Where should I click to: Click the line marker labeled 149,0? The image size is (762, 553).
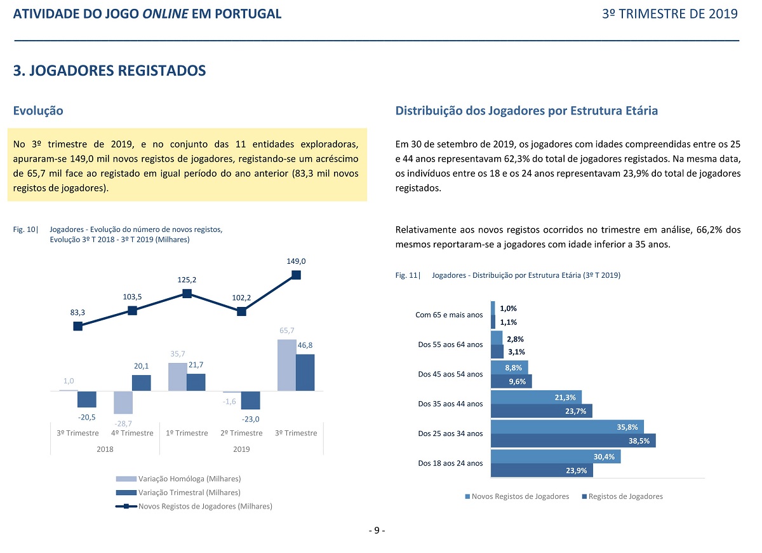coord(297,275)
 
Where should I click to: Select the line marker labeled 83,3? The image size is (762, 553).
coord(78,326)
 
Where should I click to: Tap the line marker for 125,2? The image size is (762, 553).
coord(187,294)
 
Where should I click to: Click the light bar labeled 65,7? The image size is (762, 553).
coord(287,365)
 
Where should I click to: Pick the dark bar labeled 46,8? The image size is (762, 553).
coord(305,372)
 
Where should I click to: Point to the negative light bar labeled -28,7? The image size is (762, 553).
coord(123,402)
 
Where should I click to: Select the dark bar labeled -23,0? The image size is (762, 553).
coord(251,400)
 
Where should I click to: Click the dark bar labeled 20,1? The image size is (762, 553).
coord(142,383)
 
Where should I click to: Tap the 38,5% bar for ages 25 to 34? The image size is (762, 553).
coord(573,440)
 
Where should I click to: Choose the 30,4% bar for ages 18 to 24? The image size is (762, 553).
coord(556,456)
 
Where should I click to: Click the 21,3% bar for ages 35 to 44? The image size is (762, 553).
coord(536,397)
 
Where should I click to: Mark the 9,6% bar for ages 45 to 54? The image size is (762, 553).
coord(511,381)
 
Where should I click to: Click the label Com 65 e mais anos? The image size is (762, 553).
coord(449,315)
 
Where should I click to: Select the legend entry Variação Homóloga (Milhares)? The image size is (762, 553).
coord(178,479)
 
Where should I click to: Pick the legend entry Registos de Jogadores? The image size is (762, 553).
coord(622,496)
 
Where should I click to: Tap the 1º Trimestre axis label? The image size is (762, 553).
coord(187,433)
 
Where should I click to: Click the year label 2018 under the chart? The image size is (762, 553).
coord(105,449)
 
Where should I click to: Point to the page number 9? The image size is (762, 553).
coord(377,530)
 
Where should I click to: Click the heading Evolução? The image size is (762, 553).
coord(38,111)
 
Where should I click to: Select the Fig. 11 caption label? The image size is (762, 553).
coord(408,275)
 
